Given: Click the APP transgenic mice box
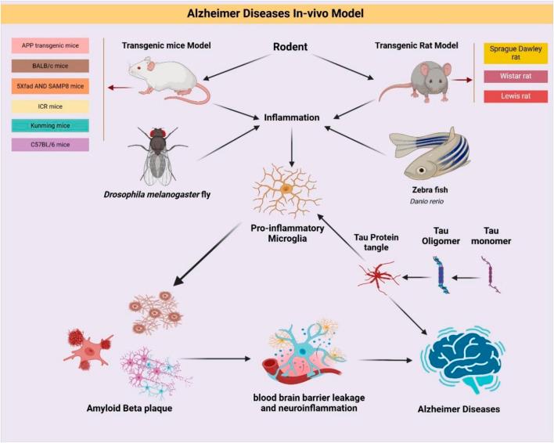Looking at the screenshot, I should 50,46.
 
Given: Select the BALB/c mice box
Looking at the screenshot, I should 50,67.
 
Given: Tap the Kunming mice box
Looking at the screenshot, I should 50,125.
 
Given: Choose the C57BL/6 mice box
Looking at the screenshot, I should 50,145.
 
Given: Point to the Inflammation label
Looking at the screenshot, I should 290,117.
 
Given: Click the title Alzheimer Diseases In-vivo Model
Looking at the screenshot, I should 277,13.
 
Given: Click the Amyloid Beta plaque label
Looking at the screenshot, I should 129,409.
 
